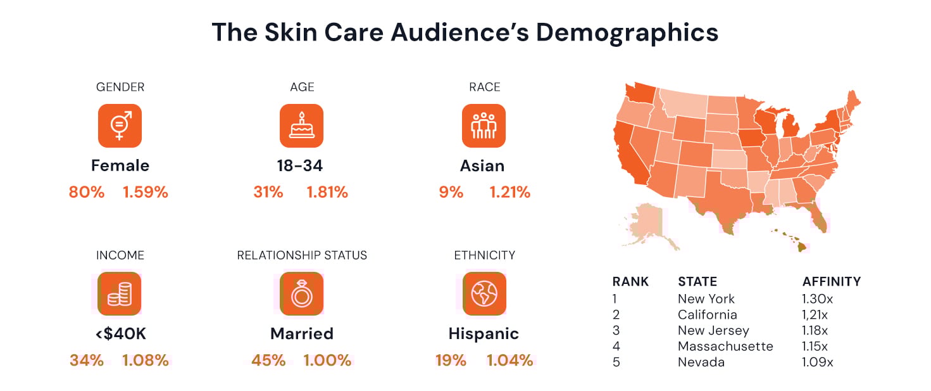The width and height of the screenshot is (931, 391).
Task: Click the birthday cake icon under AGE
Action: [301, 125]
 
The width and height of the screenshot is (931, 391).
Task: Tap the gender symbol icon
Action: [120, 125]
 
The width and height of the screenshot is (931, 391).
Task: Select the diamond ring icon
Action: [301, 293]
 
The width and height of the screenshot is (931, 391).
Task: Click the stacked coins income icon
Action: [120, 293]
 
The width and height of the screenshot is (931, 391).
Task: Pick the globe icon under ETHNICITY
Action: [484, 293]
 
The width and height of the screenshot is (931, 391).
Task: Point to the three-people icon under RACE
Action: [484, 125]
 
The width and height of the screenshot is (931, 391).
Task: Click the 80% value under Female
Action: [87, 192]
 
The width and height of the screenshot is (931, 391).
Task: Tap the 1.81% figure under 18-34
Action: [327, 192]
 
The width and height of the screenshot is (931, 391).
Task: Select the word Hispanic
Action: [484, 333]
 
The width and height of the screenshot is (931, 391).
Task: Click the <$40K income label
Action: [120, 333]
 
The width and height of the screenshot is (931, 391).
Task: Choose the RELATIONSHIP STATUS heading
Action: [302, 255]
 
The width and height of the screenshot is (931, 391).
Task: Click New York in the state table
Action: [706, 298]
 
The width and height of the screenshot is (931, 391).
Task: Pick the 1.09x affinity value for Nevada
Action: [818, 362]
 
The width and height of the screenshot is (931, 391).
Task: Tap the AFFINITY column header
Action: [831, 281]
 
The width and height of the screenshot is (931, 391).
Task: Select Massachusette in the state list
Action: [725, 347]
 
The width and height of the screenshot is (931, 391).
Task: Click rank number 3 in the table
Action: [616, 331]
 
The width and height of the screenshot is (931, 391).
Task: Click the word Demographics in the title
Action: [627, 32]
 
